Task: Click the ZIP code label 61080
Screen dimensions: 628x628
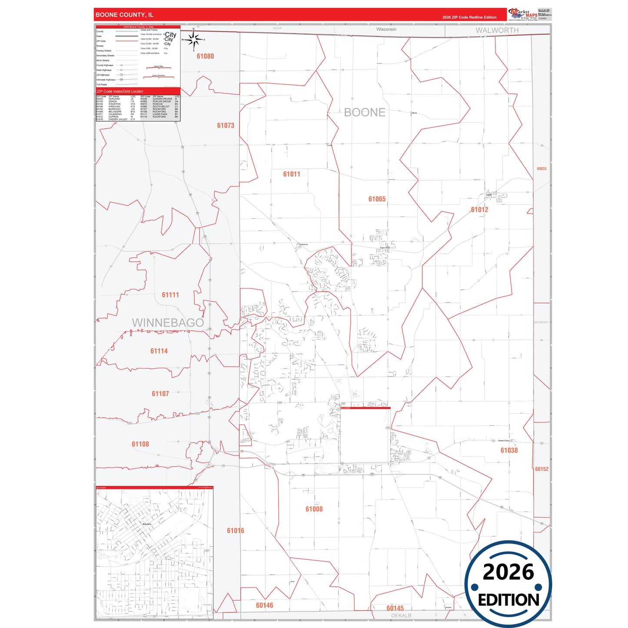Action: click(205, 56)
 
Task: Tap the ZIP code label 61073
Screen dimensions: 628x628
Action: click(226, 126)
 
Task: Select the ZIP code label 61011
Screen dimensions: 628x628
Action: click(292, 174)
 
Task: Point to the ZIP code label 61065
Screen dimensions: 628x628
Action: click(377, 199)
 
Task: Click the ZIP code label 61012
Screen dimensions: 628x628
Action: click(479, 209)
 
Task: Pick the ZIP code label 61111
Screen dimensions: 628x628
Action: click(170, 295)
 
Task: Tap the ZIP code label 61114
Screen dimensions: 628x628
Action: click(159, 351)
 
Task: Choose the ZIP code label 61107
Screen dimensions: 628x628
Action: click(160, 394)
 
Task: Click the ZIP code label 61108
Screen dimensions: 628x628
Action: click(140, 444)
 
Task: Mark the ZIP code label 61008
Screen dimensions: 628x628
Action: click(314, 509)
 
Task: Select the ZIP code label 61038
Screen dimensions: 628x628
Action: click(509, 451)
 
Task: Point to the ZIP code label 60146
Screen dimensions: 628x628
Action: click(264, 605)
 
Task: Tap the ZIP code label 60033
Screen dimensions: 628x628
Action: click(542, 169)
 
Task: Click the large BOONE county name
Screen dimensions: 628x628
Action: click(364, 113)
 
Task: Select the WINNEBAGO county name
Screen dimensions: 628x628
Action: click(168, 323)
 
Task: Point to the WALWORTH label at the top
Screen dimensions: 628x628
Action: click(497, 30)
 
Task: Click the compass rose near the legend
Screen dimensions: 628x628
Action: click(194, 40)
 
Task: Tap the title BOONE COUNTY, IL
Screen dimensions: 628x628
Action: click(124, 15)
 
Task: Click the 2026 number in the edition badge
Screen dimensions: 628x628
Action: click(508, 572)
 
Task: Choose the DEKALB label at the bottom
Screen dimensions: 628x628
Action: click(401, 616)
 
